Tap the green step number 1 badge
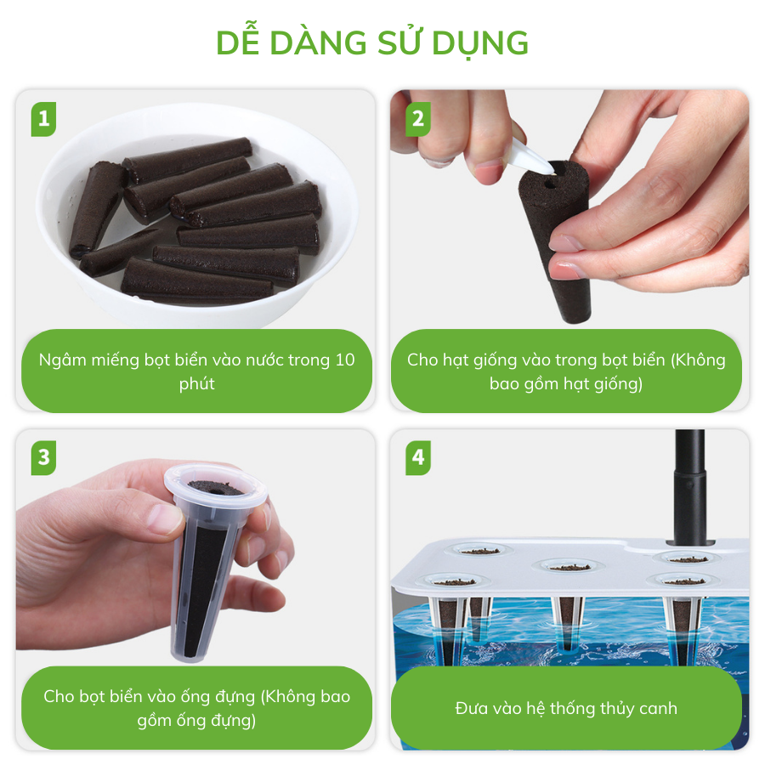point(44,119)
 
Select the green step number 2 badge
point(418,119)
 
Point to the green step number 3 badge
point(44,457)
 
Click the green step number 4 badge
point(418,457)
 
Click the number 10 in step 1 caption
point(345,360)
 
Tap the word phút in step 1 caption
point(196,384)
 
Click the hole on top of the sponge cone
point(550,184)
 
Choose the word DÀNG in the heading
point(318,43)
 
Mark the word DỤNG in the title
point(480,44)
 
